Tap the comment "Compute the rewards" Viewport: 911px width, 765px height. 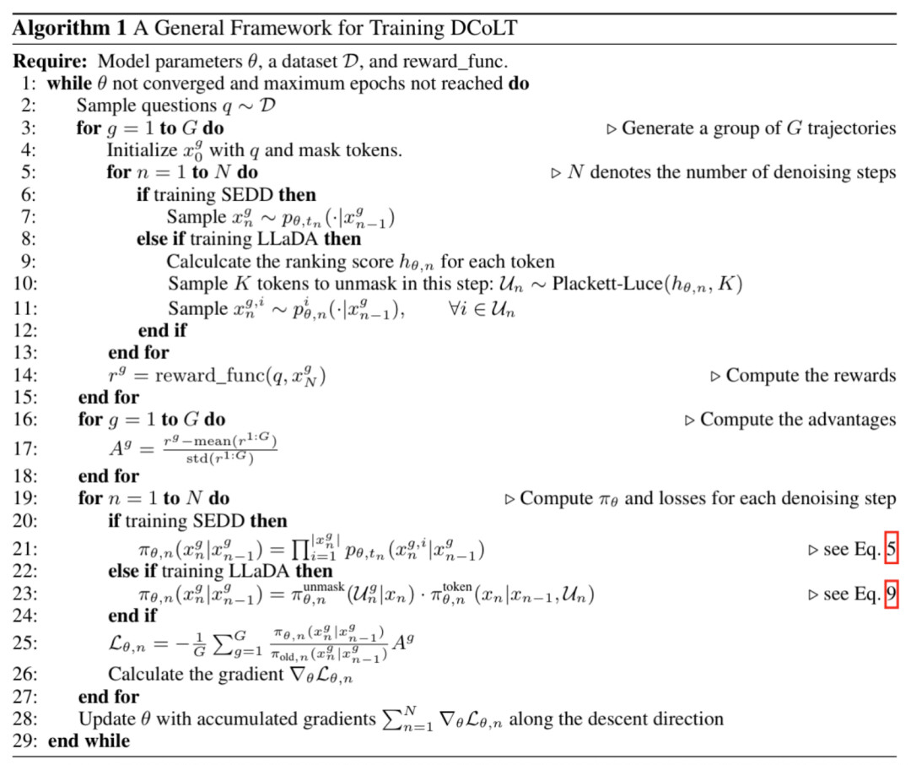pos(811,375)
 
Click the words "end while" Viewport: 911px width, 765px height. pos(89,741)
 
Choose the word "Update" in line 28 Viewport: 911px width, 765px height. pos(104,719)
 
